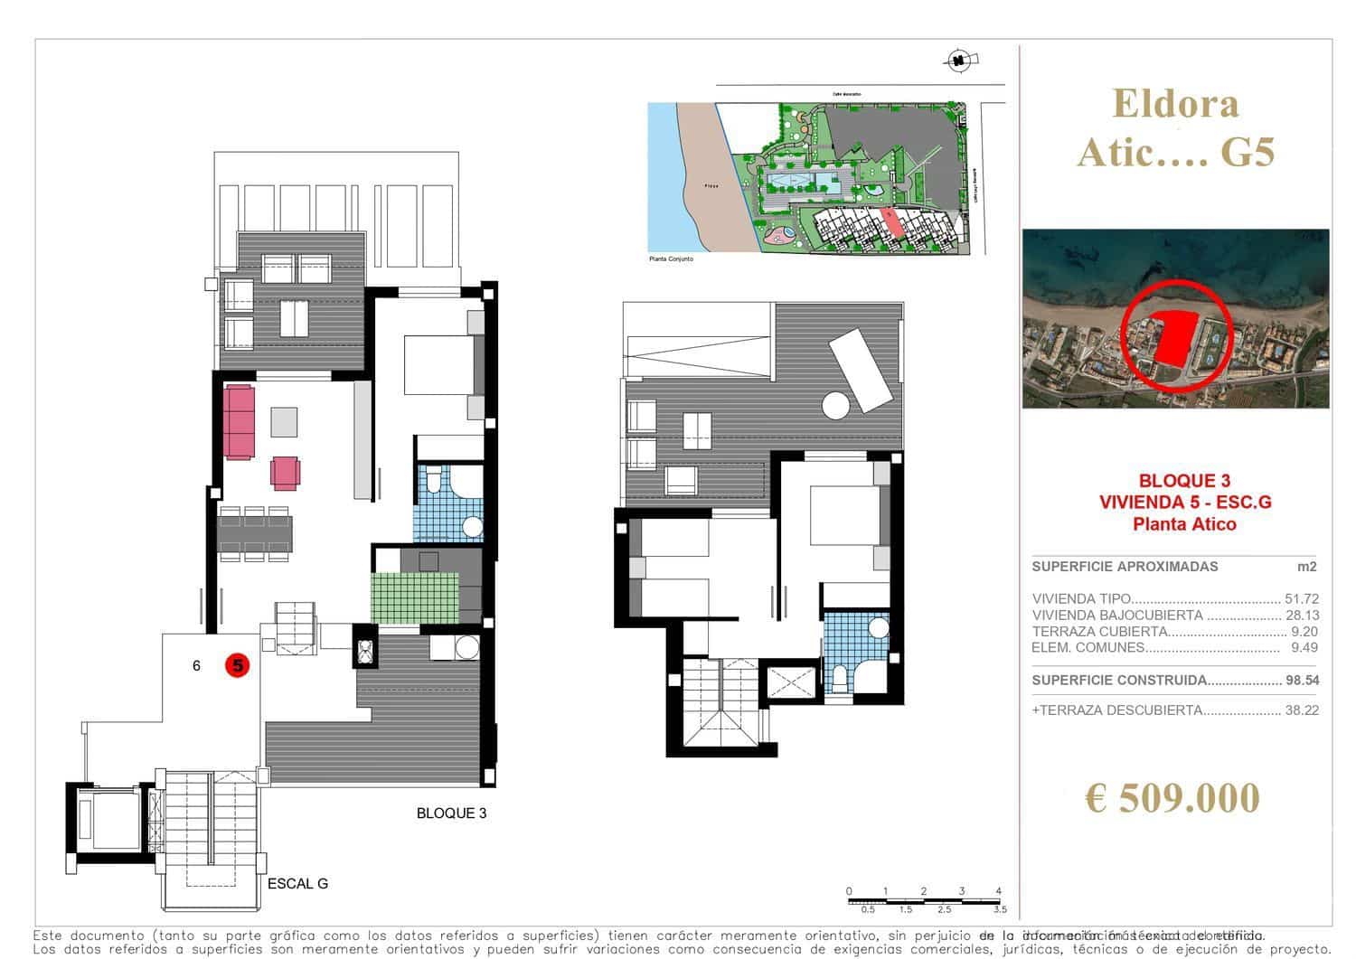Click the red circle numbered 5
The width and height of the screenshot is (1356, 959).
coord(237,666)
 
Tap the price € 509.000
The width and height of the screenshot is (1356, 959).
coord(1172,798)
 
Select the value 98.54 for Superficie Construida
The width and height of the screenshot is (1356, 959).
coord(1301,681)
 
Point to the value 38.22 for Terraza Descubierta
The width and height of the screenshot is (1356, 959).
coord(1301,710)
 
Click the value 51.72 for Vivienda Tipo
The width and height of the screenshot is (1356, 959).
coord(1301,598)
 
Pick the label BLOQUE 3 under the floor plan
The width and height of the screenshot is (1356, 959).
coord(451,813)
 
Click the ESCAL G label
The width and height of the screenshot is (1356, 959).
coord(297,884)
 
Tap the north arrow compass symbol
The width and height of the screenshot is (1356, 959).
coord(956,61)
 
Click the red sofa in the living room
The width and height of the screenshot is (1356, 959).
coord(240,421)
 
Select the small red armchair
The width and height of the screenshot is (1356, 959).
coord(285,473)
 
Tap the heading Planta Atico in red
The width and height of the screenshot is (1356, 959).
coord(1184,524)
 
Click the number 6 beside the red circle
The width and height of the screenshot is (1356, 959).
coord(196,666)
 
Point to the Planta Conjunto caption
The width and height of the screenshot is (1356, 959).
coord(671,259)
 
